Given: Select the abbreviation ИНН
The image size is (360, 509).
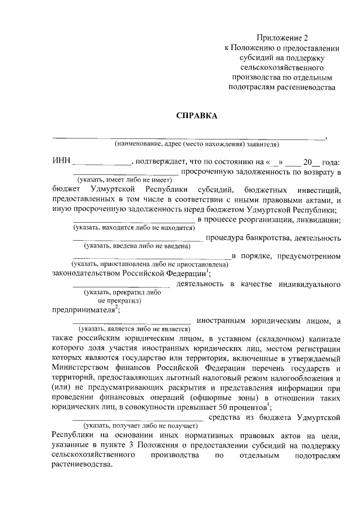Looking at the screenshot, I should pos(61,162).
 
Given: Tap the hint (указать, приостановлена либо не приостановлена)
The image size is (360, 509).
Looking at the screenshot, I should pos(149,264).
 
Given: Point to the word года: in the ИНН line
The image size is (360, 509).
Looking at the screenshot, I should pos(330,162).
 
